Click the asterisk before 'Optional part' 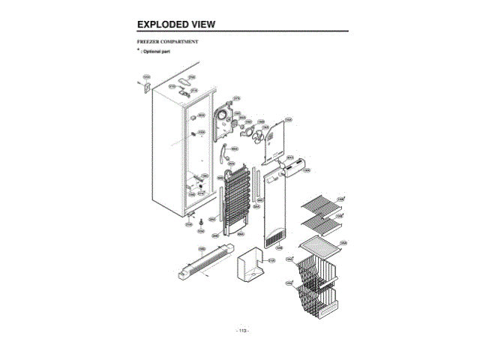[138, 51]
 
